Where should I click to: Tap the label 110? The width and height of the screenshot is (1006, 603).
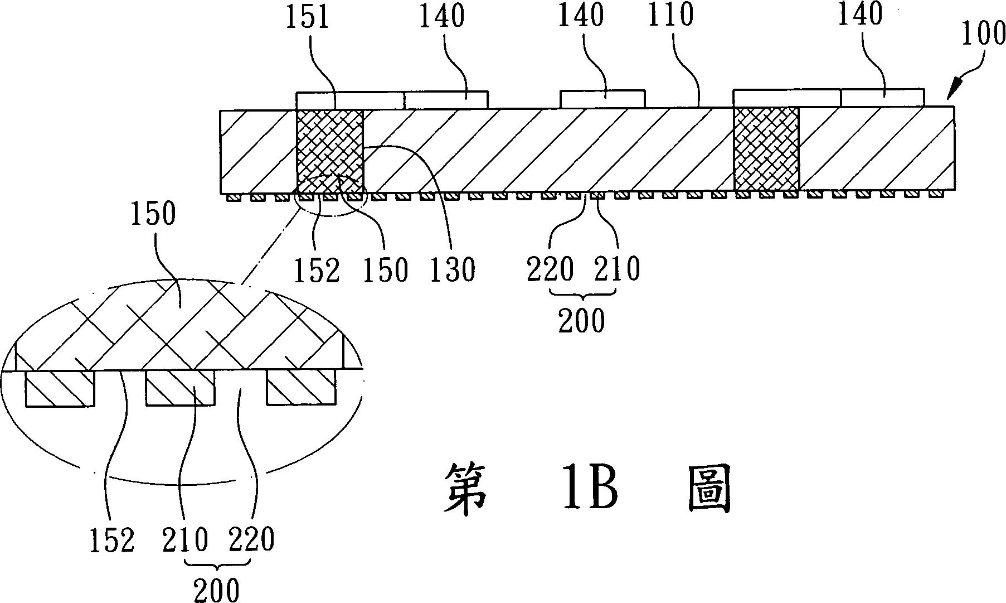pyautogui.click(x=670, y=15)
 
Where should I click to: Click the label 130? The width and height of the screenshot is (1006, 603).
pyautogui.click(x=452, y=269)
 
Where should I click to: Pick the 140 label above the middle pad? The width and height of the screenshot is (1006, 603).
pyautogui.click(x=581, y=15)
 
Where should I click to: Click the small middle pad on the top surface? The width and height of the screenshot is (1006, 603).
pyautogui.click(x=602, y=99)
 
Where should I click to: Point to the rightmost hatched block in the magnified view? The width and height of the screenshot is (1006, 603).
pyautogui.click(x=301, y=389)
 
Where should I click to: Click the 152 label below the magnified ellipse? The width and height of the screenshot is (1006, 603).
pyautogui.click(x=112, y=540)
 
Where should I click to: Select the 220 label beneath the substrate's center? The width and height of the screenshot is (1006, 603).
pyautogui.click(x=551, y=269)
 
